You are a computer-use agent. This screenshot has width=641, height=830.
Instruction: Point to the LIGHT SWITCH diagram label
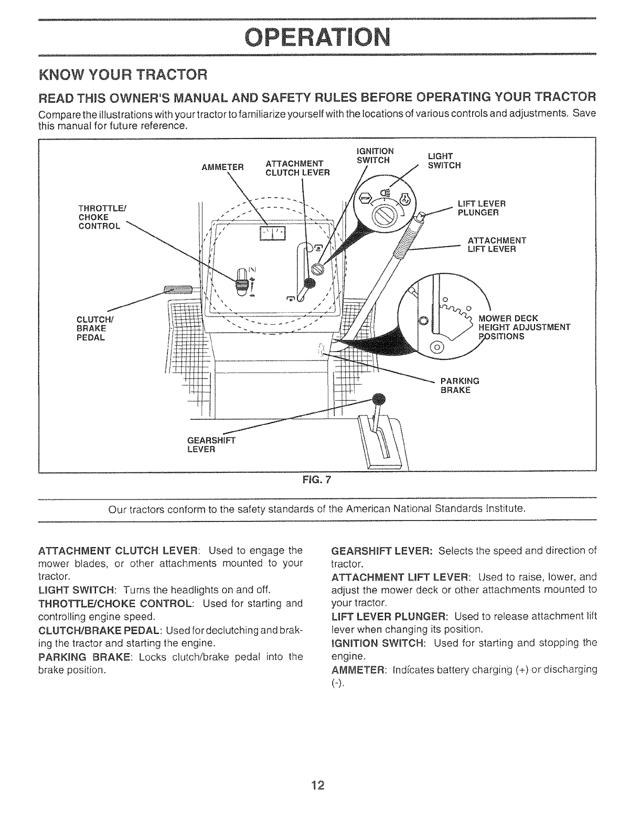444,161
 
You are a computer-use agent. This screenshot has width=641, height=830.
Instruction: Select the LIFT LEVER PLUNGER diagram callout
481,208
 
